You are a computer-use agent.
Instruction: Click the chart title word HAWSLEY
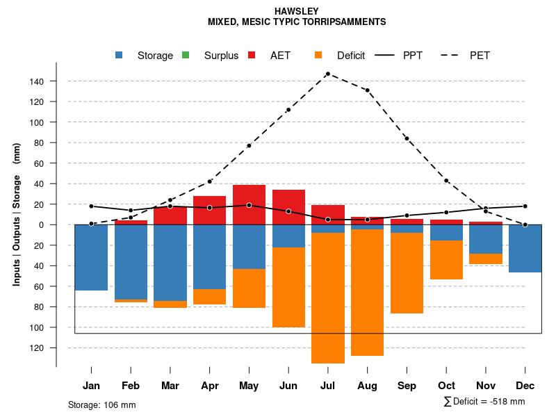297,12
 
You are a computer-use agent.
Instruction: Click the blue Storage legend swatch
120,55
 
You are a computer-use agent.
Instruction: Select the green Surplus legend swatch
186,55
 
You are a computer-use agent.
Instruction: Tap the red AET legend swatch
252,55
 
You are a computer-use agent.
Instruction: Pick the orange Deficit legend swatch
318,55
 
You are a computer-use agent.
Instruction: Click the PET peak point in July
327,74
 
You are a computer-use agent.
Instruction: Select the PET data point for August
367,90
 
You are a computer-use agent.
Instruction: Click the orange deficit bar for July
327,297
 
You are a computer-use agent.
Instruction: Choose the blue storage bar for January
91,257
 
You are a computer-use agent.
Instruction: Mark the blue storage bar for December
525,248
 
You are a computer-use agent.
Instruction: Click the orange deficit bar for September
407,273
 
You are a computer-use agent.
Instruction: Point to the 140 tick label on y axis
37,81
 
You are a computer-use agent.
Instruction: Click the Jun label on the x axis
288,386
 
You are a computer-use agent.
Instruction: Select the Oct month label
446,386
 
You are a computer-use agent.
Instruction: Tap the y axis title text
17,214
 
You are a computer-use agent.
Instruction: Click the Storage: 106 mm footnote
102,404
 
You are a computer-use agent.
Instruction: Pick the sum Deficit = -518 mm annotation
484,401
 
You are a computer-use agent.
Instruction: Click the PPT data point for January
91,206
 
